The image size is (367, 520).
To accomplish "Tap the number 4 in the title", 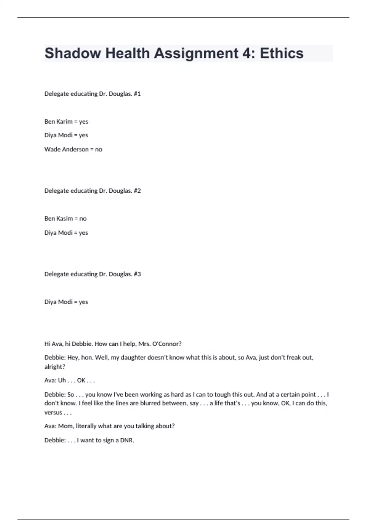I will coord(246,53).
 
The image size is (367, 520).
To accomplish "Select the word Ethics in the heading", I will coord(282,53).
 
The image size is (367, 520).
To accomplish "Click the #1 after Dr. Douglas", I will coord(137,94).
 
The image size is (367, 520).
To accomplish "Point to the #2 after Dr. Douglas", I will coord(137,191).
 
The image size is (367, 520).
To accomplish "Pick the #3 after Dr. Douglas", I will coord(137,274).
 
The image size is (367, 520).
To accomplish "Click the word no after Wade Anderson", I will coord(98,150).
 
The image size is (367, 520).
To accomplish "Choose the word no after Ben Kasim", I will coord(83,219).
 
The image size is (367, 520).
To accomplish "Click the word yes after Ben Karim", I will coord(83,122).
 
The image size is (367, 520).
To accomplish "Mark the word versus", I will coord(53,413).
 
